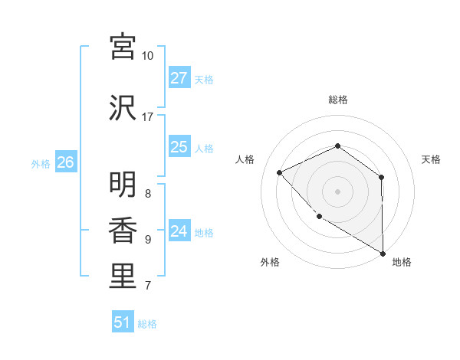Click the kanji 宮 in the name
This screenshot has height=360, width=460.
pos(123,47)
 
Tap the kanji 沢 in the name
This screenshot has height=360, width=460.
pos(123,107)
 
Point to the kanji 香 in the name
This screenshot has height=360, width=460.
pos(123,230)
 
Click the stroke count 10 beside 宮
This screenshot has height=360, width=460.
pos(148,56)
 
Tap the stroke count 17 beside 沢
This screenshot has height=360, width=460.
pos(148,117)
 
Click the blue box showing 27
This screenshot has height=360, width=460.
pos(179,78)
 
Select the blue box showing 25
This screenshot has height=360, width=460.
pos(179,147)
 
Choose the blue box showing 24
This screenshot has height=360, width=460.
pos(179,231)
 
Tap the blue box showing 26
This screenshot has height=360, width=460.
pos(65,162)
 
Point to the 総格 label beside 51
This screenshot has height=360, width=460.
pos(147,324)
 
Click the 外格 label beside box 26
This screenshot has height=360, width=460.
pos(41,163)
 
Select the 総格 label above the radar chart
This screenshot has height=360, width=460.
pos(338,100)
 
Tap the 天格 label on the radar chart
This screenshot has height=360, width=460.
pos(432,159)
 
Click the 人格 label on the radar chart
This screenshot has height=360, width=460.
pos(245,159)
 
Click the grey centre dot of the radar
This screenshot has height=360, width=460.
pos(337,191)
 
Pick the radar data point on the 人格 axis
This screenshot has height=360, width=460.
pos(280,172)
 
